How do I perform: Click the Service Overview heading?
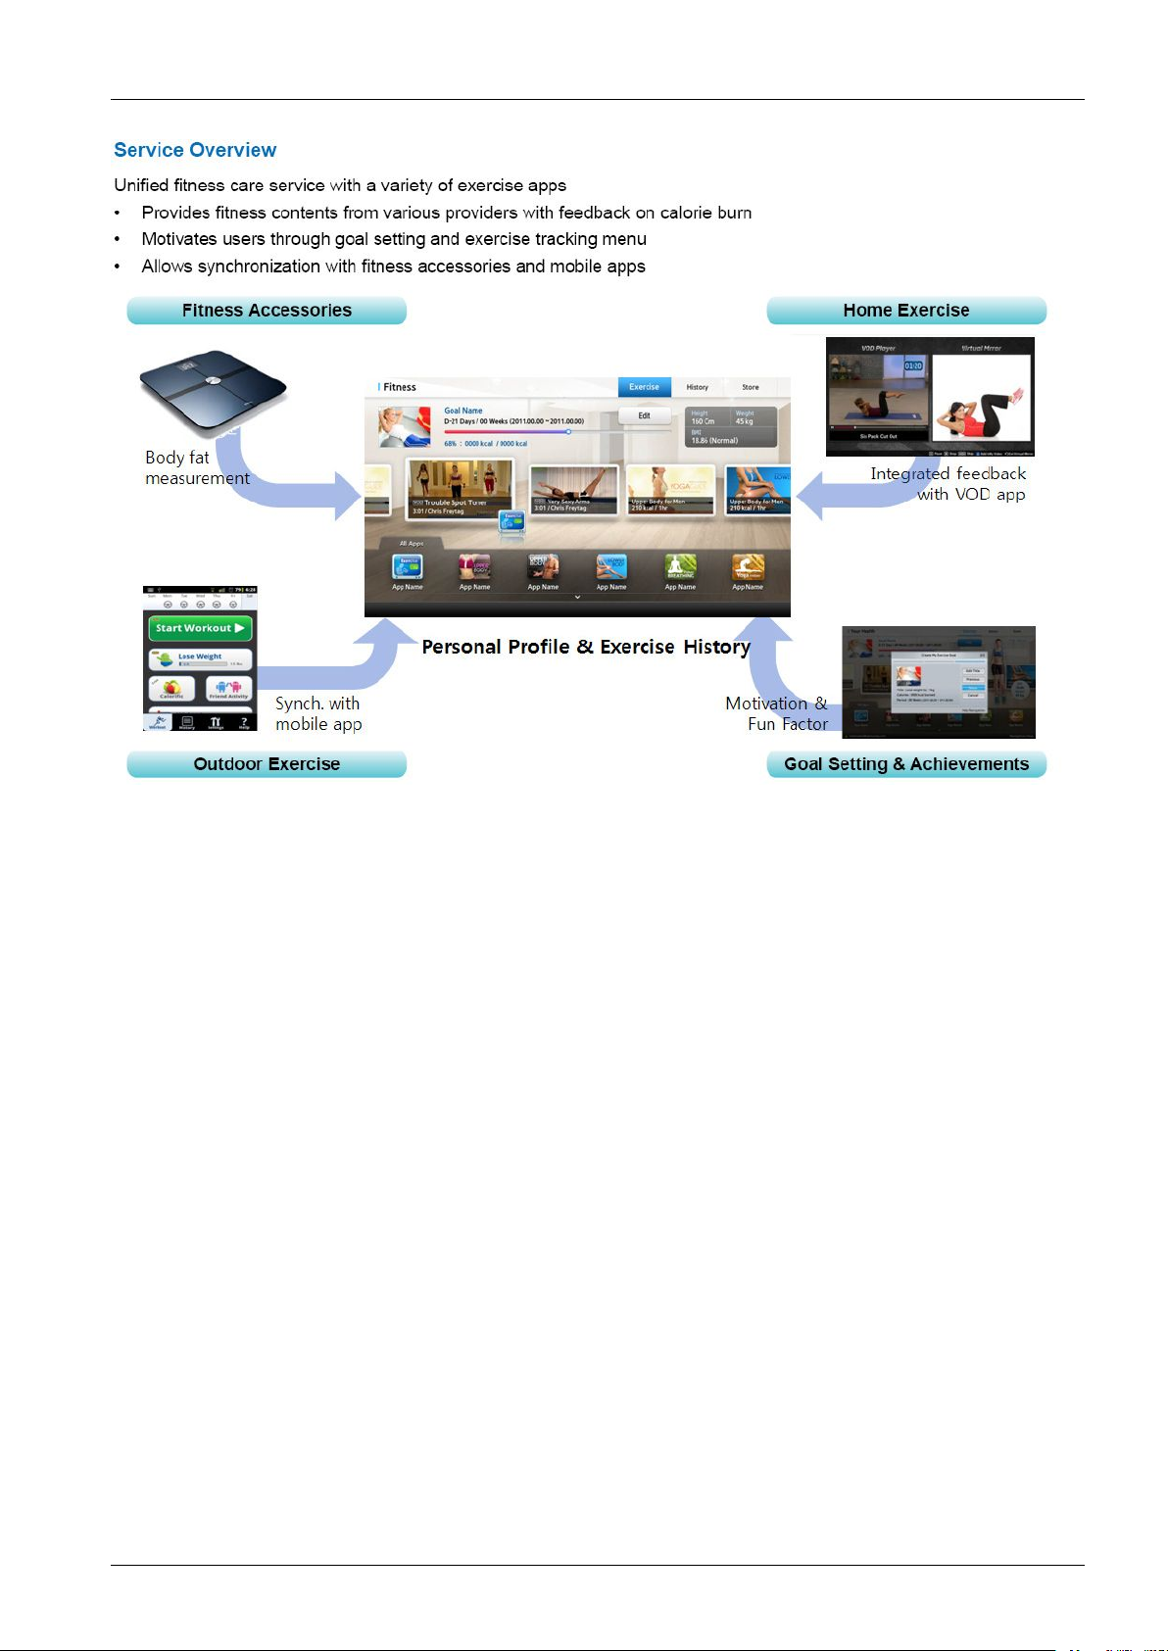click(x=195, y=150)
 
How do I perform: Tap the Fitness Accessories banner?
click(x=267, y=311)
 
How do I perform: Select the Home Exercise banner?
click(x=906, y=311)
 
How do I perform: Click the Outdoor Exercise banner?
click(x=267, y=764)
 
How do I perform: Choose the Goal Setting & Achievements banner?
click(x=906, y=764)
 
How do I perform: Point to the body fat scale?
click(x=213, y=391)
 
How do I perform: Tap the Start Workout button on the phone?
click(x=200, y=628)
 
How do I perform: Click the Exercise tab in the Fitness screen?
click(x=644, y=387)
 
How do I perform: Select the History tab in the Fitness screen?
click(x=697, y=387)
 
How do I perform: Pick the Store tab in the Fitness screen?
click(x=750, y=387)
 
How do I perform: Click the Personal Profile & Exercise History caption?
click(x=586, y=647)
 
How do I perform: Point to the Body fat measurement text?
click(x=197, y=468)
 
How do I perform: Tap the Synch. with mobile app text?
click(x=318, y=714)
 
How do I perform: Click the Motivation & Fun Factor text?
click(x=777, y=714)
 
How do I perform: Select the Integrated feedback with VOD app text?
click(x=949, y=484)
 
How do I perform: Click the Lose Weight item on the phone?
click(x=200, y=657)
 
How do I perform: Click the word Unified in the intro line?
click(x=141, y=186)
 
